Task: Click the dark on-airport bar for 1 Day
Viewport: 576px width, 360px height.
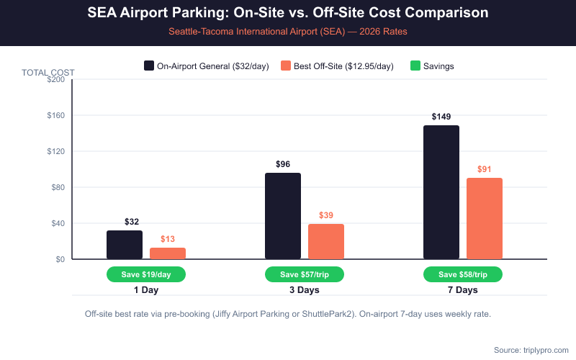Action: tap(125, 245)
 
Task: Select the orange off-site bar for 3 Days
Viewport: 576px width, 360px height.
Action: tap(326, 241)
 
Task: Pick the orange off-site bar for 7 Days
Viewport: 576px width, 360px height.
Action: tap(485, 218)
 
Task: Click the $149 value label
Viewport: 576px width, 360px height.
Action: tap(441, 117)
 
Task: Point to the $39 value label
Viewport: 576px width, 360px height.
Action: tap(326, 215)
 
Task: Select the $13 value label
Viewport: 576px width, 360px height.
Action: tap(168, 239)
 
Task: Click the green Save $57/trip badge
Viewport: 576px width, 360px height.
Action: tap(305, 274)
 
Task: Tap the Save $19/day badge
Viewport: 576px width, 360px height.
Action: tap(146, 274)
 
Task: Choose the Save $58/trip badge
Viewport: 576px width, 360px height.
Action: tap(463, 274)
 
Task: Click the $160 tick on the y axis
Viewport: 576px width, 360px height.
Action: tap(55, 115)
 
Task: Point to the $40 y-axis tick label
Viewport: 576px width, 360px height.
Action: tap(58, 223)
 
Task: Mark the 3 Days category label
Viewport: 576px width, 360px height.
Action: tap(305, 290)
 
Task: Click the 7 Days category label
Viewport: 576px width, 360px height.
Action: tap(463, 290)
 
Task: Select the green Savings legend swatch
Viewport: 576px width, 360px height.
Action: tap(415, 66)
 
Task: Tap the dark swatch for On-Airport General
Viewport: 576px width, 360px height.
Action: tap(149, 66)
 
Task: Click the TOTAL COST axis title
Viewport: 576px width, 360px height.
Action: tap(48, 72)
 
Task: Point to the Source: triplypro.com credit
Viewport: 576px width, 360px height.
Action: tap(531, 350)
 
